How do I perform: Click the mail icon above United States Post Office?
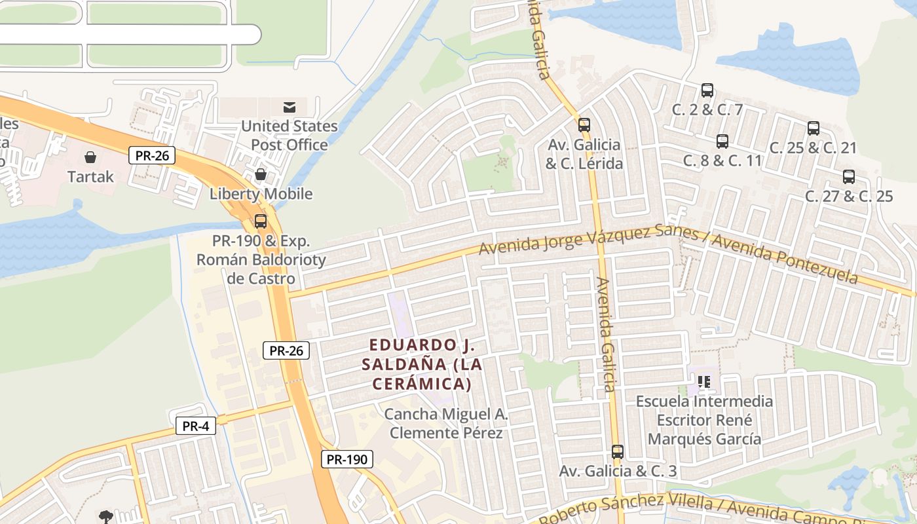click(289, 107)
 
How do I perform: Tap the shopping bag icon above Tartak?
click(90, 157)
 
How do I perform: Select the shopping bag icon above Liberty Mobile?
click(261, 174)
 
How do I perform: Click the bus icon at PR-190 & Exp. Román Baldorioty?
click(261, 221)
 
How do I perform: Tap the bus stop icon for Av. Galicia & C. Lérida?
click(584, 124)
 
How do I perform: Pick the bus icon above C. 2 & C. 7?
click(707, 90)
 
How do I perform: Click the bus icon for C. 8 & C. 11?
click(722, 141)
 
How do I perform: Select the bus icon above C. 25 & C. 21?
click(814, 128)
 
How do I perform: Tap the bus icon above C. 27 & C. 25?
click(849, 176)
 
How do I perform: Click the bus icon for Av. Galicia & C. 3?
click(618, 451)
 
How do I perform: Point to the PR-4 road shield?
click(196, 426)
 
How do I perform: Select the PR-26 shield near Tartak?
click(151, 155)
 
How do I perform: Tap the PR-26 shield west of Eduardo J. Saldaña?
click(286, 350)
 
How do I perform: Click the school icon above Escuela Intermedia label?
click(705, 381)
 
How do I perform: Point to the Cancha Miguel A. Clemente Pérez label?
click(446, 423)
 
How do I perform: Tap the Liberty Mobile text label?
click(261, 194)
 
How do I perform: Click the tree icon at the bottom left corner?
click(105, 517)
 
